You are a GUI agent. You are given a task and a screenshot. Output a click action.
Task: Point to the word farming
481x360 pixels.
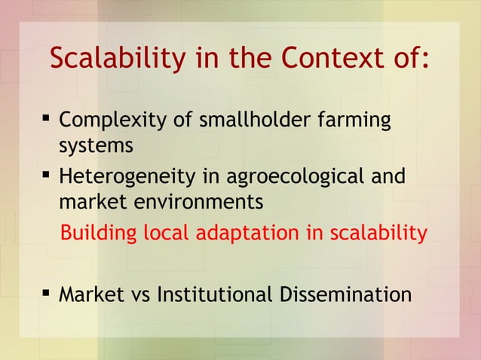pos(354,121)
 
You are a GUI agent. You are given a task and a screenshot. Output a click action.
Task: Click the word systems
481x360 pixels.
pos(96,145)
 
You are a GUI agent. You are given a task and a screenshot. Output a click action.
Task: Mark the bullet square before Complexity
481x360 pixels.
pos(45,118)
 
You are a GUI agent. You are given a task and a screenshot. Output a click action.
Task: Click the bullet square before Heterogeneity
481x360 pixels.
pos(45,175)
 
